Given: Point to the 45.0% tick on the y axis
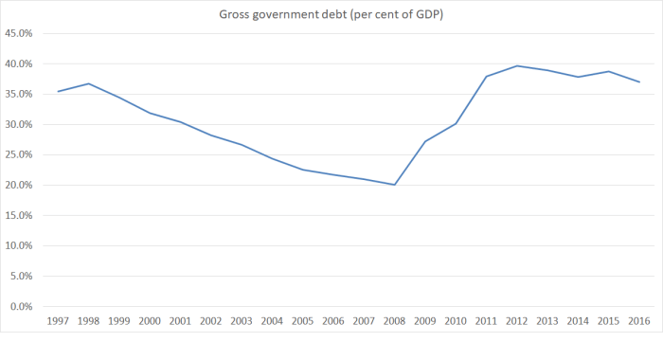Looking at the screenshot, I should click(19, 33).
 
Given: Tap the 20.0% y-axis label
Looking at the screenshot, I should click(19, 185).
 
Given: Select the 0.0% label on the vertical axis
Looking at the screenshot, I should click(22, 306).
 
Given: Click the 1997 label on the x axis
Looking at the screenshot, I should click(59, 322).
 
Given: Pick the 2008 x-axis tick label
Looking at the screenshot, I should click(394, 322).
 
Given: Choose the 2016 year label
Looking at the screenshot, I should click(639, 322).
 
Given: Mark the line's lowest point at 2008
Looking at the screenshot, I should click(394, 184).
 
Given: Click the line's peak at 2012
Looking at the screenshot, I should click(517, 65).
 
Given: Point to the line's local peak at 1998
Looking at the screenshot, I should click(89, 83).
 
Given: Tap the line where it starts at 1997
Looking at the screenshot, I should click(59, 91).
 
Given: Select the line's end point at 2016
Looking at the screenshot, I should click(639, 81).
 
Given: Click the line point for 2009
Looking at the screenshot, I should click(425, 141).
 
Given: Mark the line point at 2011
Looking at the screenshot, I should click(486, 76).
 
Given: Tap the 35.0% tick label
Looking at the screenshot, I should click(19, 94).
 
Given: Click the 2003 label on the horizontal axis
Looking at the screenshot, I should click(242, 322).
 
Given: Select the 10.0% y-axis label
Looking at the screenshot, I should click(19, 245).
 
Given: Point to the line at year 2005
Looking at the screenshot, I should click(303, 170).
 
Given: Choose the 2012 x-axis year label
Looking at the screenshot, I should click(517, 322).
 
